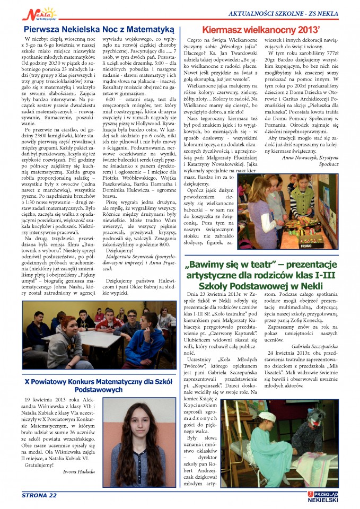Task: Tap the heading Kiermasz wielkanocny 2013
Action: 268,30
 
